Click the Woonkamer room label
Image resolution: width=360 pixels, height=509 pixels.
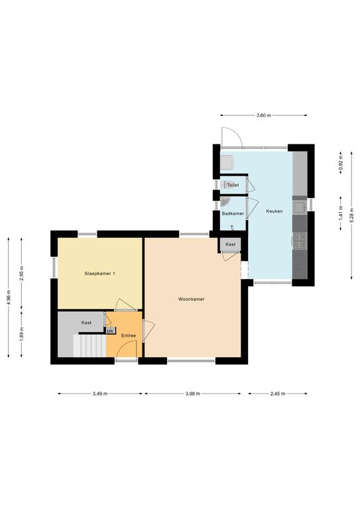(191, 299)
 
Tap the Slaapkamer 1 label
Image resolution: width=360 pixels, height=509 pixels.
(99, 273)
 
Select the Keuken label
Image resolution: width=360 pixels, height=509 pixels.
(274, 211)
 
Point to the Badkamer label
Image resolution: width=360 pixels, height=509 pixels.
(233, 213)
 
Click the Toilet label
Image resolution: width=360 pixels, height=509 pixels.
(233, 185)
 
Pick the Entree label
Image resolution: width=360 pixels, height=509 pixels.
(129, 335)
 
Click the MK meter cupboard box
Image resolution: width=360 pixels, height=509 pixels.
(110, 331)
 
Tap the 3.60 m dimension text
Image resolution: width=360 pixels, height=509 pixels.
(264, 115)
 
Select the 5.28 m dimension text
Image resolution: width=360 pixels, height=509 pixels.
(351, 215)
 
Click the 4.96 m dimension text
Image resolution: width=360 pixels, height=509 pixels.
(9, 297)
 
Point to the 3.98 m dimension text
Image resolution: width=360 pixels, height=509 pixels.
(192, 394)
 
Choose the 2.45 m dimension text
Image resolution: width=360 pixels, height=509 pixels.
(278, 394)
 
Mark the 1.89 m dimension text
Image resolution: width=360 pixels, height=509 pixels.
(21, 333)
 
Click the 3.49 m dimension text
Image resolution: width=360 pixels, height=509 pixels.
(99, 394)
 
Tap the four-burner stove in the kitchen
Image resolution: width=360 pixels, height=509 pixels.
(300, 241)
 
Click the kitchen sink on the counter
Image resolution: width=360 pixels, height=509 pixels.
(299, 207)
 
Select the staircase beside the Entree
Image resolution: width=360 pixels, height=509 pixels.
(90, 346)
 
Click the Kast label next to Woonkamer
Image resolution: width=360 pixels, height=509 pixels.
(231, 244)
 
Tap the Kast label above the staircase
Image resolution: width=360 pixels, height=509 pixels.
(86, 323)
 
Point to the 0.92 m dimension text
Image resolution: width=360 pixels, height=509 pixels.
(341, 163)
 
